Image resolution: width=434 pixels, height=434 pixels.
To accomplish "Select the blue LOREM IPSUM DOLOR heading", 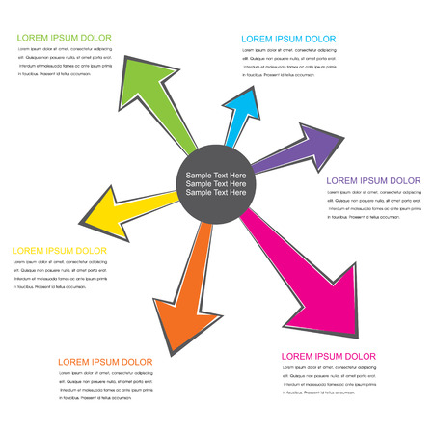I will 288,39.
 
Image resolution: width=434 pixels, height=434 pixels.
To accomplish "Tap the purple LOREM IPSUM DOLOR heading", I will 374,181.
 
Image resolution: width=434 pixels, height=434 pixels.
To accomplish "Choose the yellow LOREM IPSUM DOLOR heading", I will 59,251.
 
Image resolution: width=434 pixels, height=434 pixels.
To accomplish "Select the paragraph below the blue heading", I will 290,63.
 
